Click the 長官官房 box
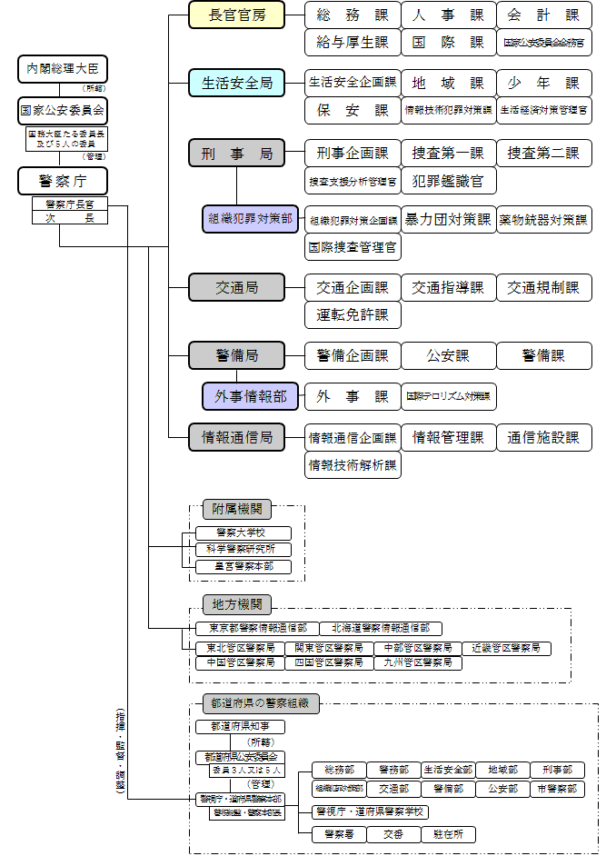pyautogui.click(x=236, y=15)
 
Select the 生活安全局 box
pyautogui.click(x=236, y=83)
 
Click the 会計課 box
pyautogui.click(x=544, y=15)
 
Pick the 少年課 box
pyautogui.click(x=544, y=83)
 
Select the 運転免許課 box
pyautogui.click(x=353, y=315)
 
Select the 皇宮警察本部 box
pyautogui.click(x=243, y=566)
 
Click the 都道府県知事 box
pyautogui.click(x=240, y=726)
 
